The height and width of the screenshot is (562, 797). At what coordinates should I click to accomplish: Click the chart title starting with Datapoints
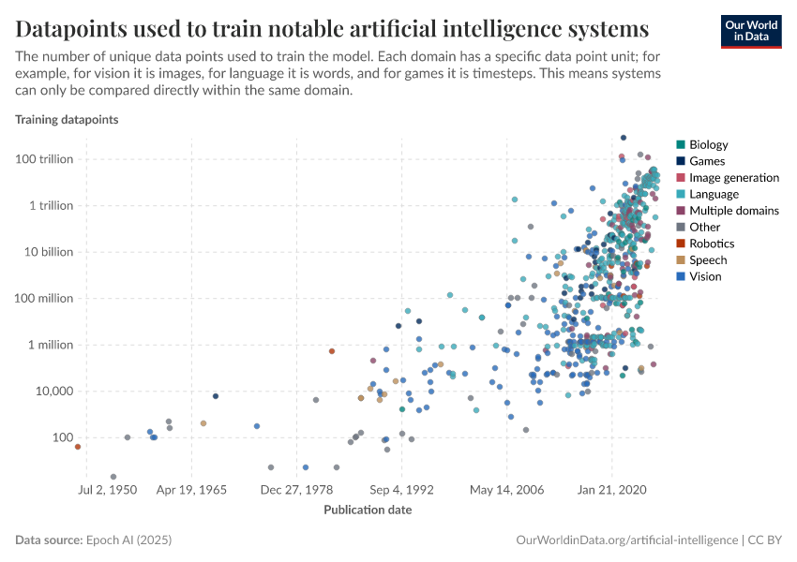(332, 25)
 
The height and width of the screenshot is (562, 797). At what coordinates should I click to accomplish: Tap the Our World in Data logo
(750, 30)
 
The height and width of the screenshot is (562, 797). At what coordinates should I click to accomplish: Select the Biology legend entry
(708, 144)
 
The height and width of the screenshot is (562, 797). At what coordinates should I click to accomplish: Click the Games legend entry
(706, 161)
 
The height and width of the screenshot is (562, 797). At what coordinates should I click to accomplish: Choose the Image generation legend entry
(733, 177)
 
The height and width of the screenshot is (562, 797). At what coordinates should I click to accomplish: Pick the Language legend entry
(714, 194)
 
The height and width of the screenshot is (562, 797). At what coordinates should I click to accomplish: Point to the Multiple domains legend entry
(733, 211)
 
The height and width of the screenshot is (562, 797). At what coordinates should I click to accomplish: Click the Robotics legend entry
(712, 244)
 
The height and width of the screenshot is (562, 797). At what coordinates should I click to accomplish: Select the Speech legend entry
(707, 260)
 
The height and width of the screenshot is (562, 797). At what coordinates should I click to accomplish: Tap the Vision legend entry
(705, 276)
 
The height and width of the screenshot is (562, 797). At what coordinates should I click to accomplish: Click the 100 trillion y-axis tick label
(44, 159)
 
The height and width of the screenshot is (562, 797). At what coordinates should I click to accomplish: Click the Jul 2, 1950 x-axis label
(107, 489)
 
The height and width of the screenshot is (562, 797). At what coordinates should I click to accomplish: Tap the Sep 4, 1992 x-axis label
(401, 489)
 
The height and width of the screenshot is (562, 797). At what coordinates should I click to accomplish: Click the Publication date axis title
(368, 510)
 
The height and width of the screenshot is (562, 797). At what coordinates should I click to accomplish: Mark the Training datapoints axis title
(66, 120)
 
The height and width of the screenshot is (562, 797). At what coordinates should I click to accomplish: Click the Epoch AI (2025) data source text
(128, 540)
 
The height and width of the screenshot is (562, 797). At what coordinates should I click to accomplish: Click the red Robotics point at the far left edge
(78, 447)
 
